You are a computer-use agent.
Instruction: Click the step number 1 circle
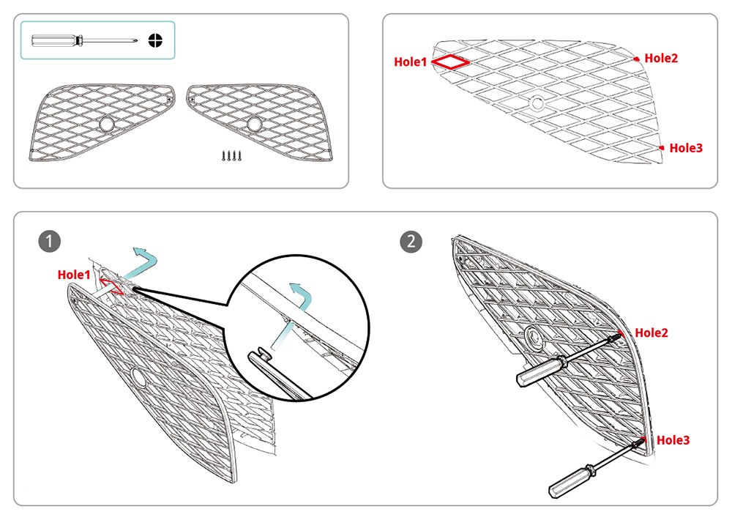(x=50, y=240)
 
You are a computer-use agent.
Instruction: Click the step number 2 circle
(x=411, y=240)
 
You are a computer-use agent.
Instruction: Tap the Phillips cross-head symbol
(x=155, y=40)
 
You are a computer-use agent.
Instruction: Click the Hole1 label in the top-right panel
(x=410, y=62)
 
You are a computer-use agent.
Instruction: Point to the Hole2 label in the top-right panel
(x=661, y=58)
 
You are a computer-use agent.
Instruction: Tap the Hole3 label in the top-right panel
(x=686, y=148)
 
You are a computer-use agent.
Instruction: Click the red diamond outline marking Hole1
(x=450, y=62)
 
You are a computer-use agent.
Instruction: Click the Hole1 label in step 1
(x=74, y=275)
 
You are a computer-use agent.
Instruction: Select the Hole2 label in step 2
(x=651, y=333)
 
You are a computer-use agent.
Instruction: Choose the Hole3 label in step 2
(x=673, y=440)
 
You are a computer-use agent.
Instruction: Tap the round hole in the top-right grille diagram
(x=537, y=104)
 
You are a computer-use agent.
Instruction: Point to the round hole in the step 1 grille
(x=137, y=377)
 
